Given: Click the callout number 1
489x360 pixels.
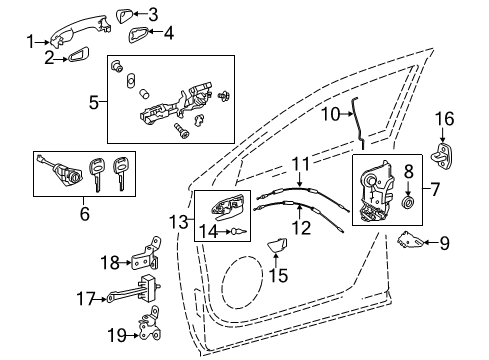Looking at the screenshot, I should pyautogui.click(x=29, y=40).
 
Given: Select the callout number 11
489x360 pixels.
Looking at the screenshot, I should pyautogui.click(x=300, y=162).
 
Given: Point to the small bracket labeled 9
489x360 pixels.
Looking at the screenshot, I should pyautogui.click(x=407, y=239).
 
